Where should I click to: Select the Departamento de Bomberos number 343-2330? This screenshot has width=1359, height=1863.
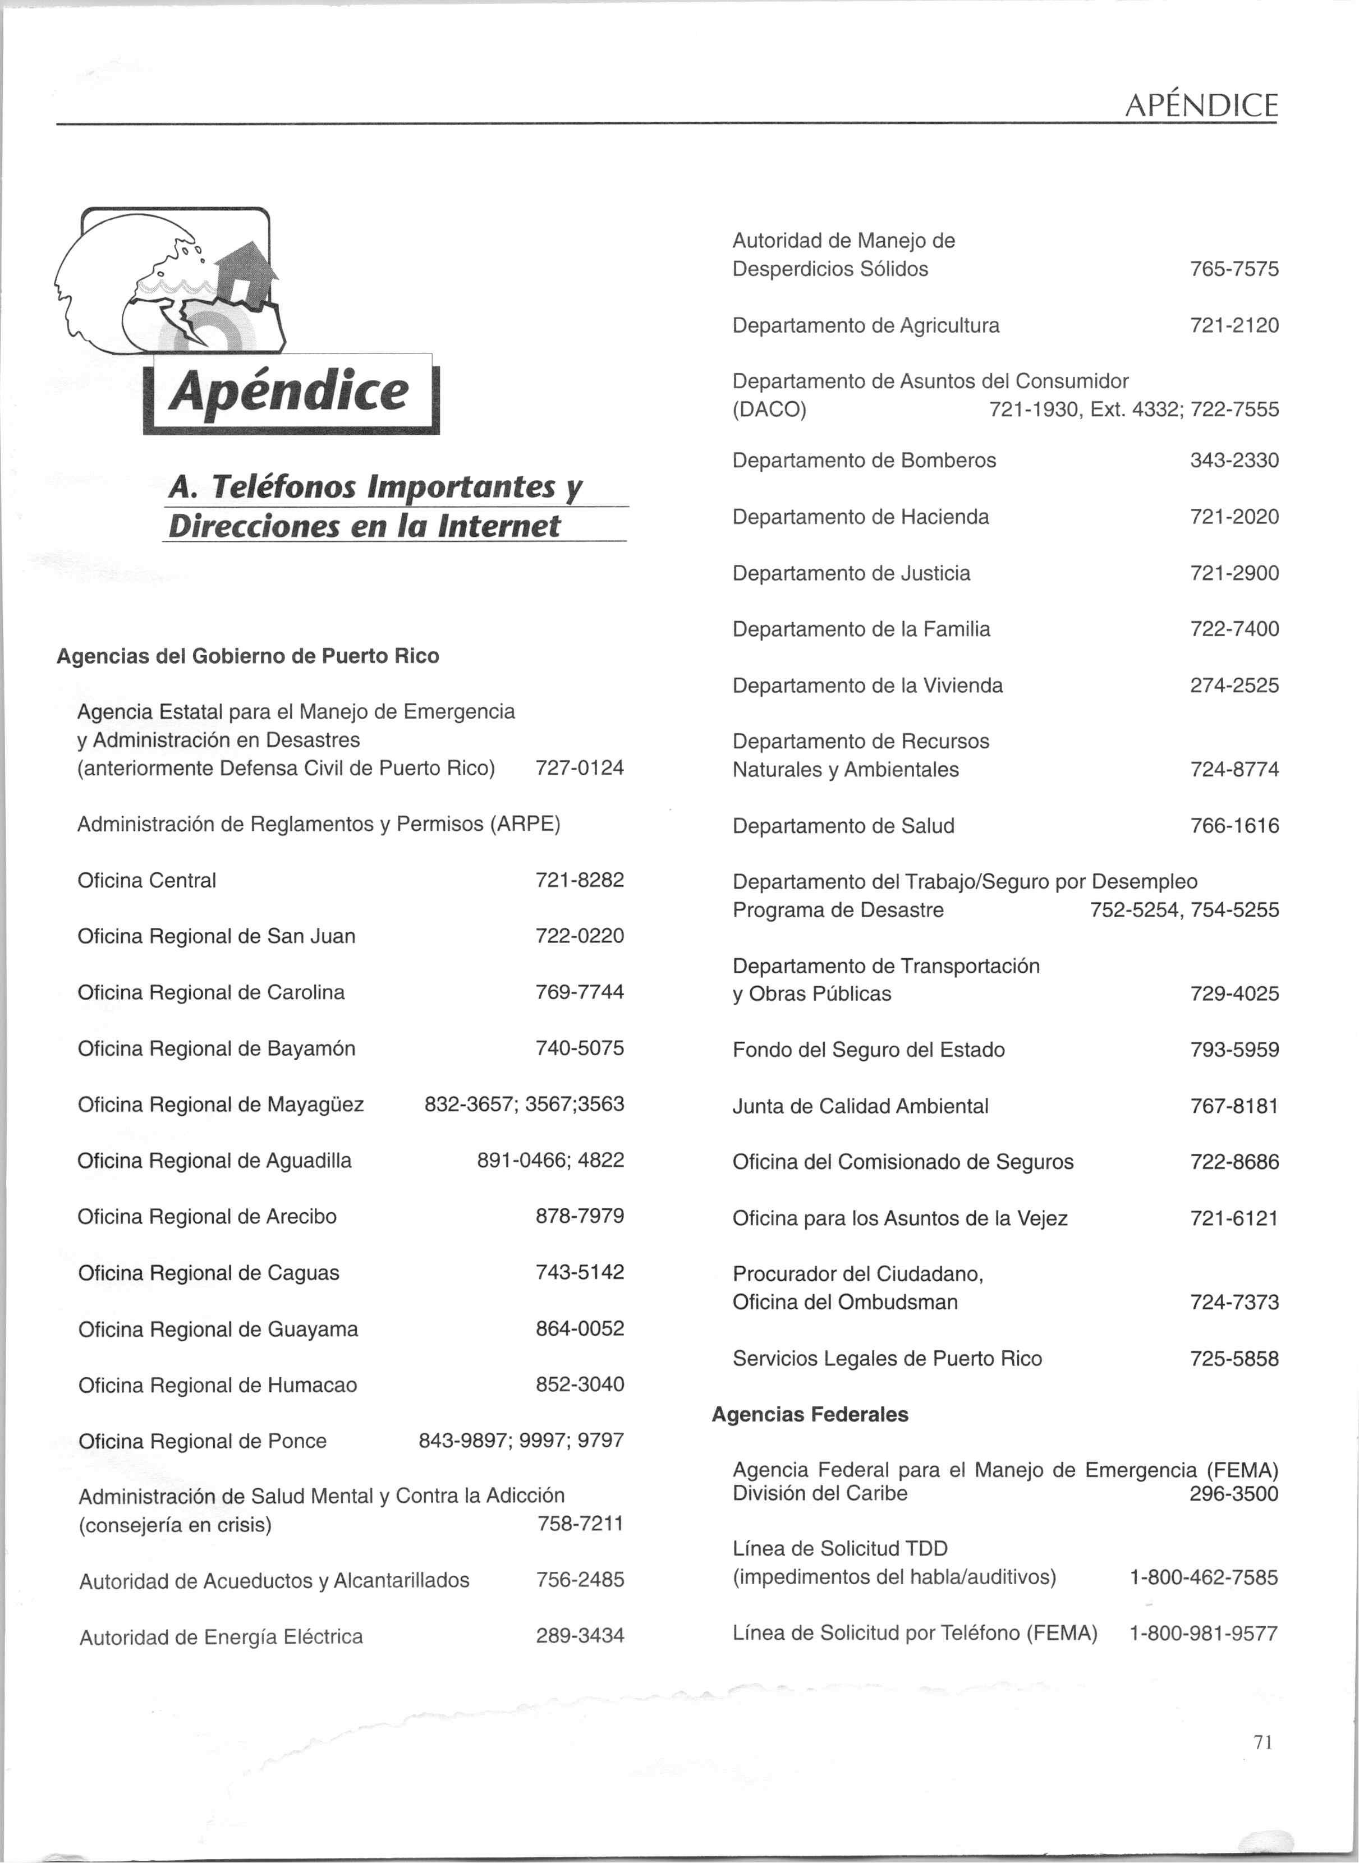click(1234, 461)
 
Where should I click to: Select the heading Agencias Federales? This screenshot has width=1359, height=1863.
click(810, 1415)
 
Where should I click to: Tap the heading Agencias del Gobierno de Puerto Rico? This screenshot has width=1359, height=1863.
click(247, 656)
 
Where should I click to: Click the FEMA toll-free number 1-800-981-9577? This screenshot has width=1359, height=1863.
click(1204, 1634)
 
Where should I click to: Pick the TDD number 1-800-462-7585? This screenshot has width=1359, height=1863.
click(1204, 1577)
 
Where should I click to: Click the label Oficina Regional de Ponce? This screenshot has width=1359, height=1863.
click(203, 1441)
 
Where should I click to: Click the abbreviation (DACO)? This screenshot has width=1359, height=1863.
click(769, 410)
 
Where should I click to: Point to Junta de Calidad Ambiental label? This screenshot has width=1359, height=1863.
click(861, 1106)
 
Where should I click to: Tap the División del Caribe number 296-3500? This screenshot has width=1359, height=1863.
click(1233, 1494)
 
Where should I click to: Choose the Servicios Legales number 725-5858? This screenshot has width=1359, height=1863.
click(1234, 1359)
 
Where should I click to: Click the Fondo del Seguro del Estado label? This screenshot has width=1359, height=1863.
click(869, 1050)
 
